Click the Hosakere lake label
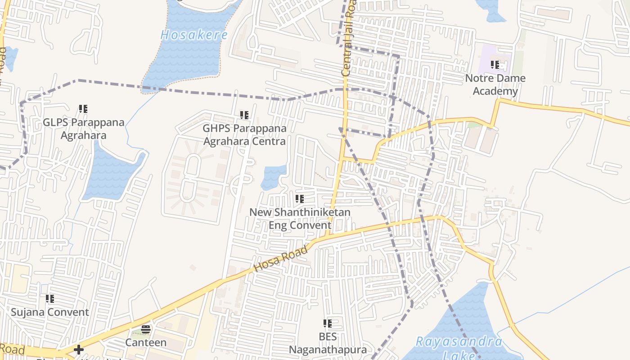coord(194,35)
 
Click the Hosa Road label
coord(281,259)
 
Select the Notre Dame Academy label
coord(495,85)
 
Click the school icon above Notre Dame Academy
coord(495,65)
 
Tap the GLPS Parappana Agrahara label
coord(77,129)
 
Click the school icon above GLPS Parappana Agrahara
coord(83,109)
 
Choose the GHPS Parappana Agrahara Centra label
coord(244,135)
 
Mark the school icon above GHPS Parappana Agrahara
coord(244,115)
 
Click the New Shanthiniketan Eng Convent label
coord(300,218)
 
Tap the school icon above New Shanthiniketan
coord(300,198)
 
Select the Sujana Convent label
coord(50,312)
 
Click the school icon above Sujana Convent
coord(50,298)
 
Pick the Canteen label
coord(146,342)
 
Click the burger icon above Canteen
coord(146,329)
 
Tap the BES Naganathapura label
coord(328,343)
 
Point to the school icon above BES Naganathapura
coord(328,323)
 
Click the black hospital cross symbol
coord(79,349)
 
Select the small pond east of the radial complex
coord(273,177)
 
